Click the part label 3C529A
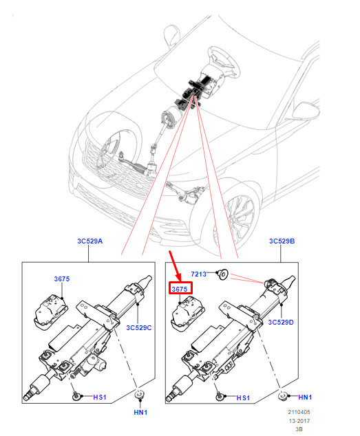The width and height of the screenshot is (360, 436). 89,241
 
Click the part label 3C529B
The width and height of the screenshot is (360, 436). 282,241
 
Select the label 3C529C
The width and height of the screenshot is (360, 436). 138,327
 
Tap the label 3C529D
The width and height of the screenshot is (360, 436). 281,322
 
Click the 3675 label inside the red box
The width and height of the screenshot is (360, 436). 180,290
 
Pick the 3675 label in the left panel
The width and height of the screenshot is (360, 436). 62,279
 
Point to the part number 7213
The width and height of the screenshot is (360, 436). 198,274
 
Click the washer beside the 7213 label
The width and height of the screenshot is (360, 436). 223,274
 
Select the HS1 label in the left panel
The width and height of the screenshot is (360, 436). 100,397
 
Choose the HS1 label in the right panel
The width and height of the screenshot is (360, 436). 243,398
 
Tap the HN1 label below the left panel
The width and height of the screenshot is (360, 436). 140,412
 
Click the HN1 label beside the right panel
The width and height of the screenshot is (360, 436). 305,397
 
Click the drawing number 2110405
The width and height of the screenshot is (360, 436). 299,412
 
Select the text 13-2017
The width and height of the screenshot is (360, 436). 299,421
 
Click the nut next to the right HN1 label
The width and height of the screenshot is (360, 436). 283,396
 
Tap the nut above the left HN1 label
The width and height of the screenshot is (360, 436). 138,395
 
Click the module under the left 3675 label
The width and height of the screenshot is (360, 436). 51,312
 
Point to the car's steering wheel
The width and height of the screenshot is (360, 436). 223,61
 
